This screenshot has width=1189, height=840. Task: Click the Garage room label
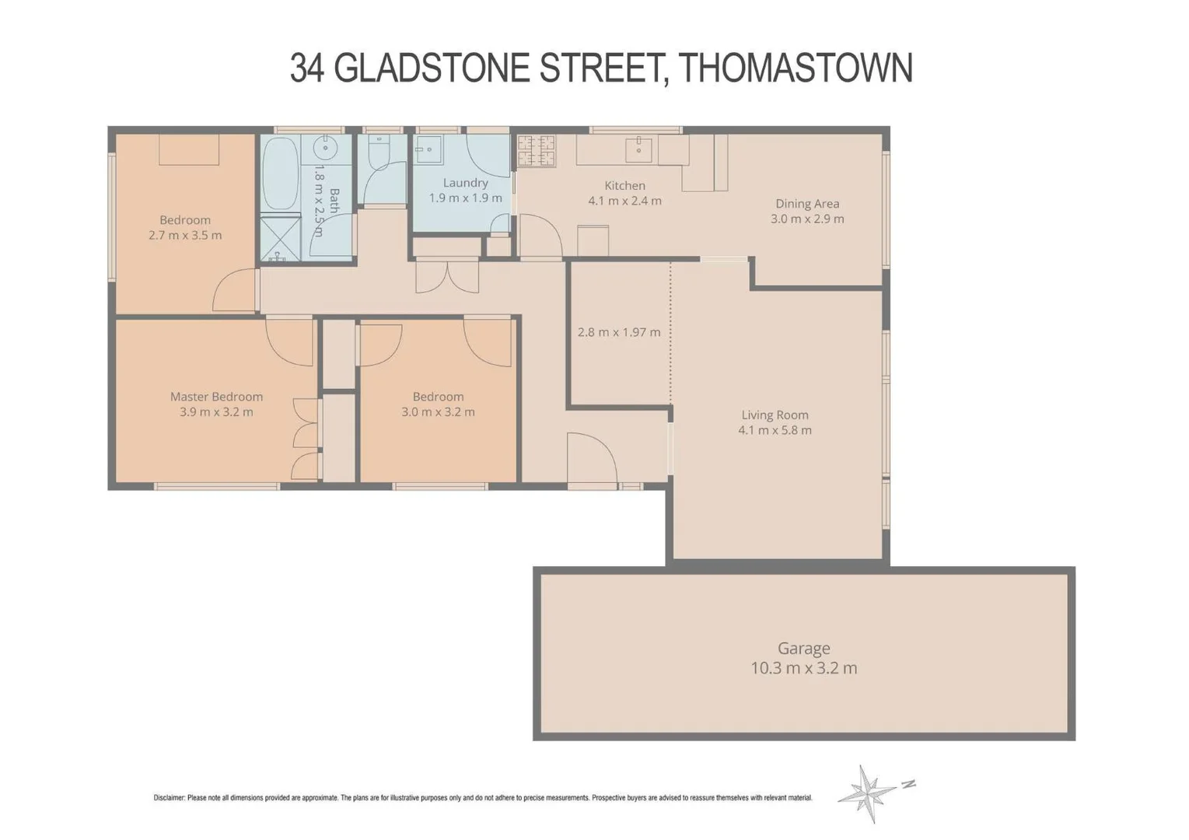[803, 648]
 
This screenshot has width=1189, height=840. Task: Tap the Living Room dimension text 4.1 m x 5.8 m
[775, 430]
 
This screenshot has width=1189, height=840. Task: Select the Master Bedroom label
[216, 397]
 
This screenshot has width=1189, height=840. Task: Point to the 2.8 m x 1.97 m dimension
[619, 332]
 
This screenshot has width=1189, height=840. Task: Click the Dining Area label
[807, 204]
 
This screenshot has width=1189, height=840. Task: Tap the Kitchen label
[624, 185]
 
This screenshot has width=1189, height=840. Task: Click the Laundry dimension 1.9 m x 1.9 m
[465, 198]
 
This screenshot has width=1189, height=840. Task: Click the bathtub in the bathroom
[279, 173]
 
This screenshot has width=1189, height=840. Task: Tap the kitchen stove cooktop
[537, 151]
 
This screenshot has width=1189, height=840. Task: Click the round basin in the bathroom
[326, 147]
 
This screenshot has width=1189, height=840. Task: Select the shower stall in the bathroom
[280, 238]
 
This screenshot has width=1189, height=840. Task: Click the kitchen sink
[638, 149]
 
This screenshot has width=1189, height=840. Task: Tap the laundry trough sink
[428, 149]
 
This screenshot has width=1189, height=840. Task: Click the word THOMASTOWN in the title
[796, 68]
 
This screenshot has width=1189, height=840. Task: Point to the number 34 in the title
[306, 68]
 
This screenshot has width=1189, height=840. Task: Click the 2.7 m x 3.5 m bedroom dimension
[185, 235]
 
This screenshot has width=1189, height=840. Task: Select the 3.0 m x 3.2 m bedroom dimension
[438, 412]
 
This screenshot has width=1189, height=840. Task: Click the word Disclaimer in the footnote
[169, 798]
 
